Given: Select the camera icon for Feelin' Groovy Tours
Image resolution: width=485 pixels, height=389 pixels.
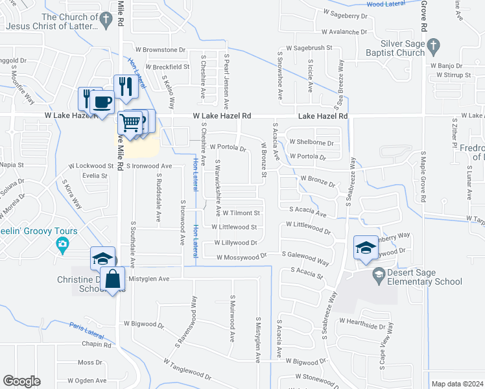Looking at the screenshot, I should [x=62, y=244].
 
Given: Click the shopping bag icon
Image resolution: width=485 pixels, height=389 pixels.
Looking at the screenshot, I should [x=113, y=279].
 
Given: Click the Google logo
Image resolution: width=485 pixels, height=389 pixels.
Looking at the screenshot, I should [x=21, y=381].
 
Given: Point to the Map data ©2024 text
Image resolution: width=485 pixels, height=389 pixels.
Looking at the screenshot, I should [x=457, y=384].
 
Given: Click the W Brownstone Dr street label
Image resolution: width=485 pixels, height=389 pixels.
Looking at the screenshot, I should [x=160, y=49].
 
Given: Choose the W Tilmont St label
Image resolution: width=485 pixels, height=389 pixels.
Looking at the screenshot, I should [x=241, y=213].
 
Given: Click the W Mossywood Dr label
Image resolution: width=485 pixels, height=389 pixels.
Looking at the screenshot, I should [x=242, y=257].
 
